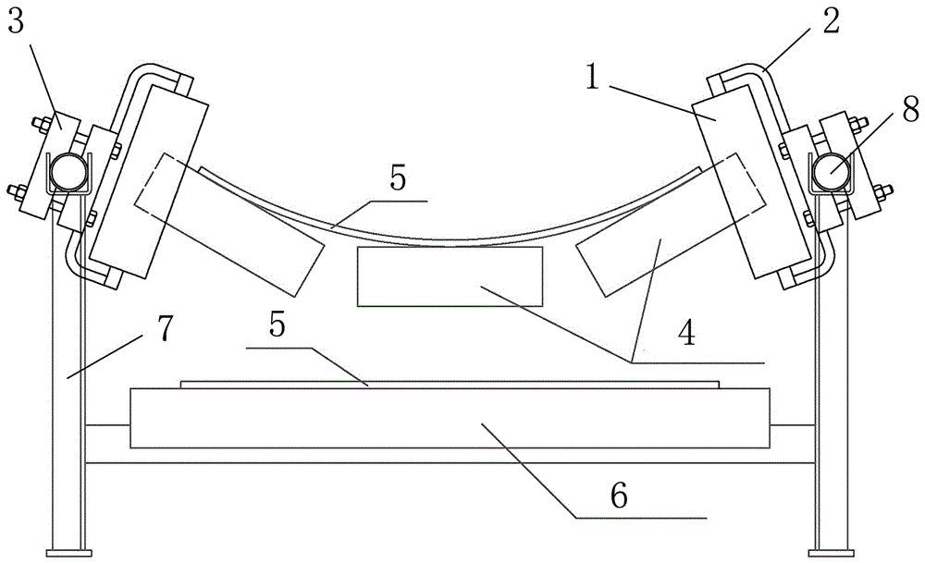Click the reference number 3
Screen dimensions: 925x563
coord(16,22)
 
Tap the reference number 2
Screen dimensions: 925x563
coord(831,21)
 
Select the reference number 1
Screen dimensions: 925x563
coord(592,77)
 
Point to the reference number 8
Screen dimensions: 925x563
coord(910,108)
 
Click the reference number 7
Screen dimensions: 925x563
coord(166,328)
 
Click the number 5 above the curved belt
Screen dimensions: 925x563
coord(398,177)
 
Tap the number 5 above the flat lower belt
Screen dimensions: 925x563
coord(277,324)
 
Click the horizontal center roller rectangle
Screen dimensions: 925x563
coord(450,276)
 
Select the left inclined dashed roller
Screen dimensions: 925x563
coord(229,225)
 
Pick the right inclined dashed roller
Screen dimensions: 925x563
coord(671,225)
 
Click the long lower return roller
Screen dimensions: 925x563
coord(450,418)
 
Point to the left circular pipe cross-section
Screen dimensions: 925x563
coord(68,172)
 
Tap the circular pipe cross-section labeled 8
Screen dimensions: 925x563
coord(832,172)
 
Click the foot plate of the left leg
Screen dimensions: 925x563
coord(69,553)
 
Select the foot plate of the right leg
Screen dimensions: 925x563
coord(832,553)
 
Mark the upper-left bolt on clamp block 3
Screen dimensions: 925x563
coord(42,124)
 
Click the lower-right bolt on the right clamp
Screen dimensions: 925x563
coord(882,191)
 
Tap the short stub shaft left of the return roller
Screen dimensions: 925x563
coord(107,424)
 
